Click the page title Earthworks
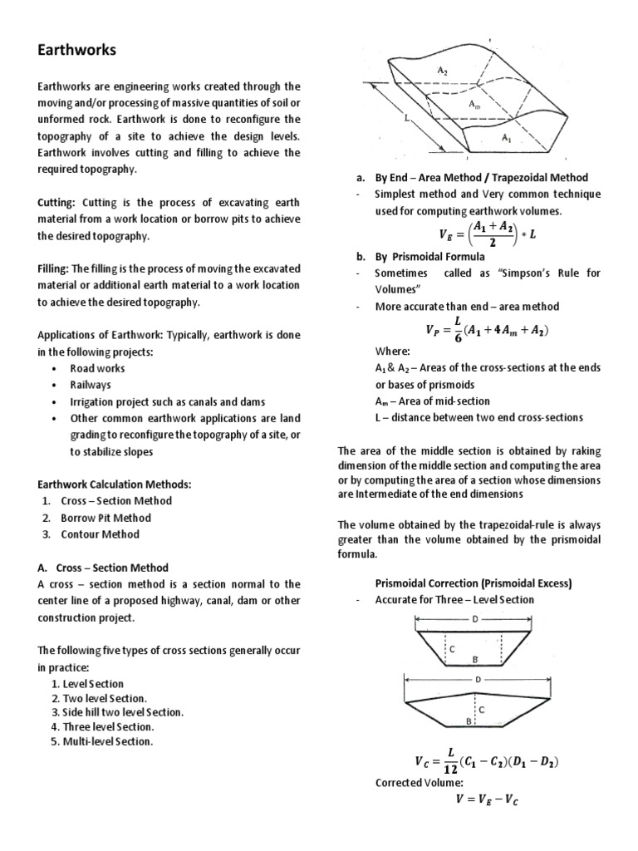(x=77, y=51)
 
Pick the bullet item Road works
(x=97, y=369)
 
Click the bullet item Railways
(x=91, y=386)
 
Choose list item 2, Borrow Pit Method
(x=106, y=518)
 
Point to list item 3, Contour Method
(x=100, y=534)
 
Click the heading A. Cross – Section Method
(x=103, y=568)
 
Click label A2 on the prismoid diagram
(x=443, y=71)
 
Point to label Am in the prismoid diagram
(x=473, y=105)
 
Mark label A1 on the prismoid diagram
(x=508, y=139)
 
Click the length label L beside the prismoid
(x=407, y=120)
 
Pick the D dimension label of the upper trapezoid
(x=475, y=619)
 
